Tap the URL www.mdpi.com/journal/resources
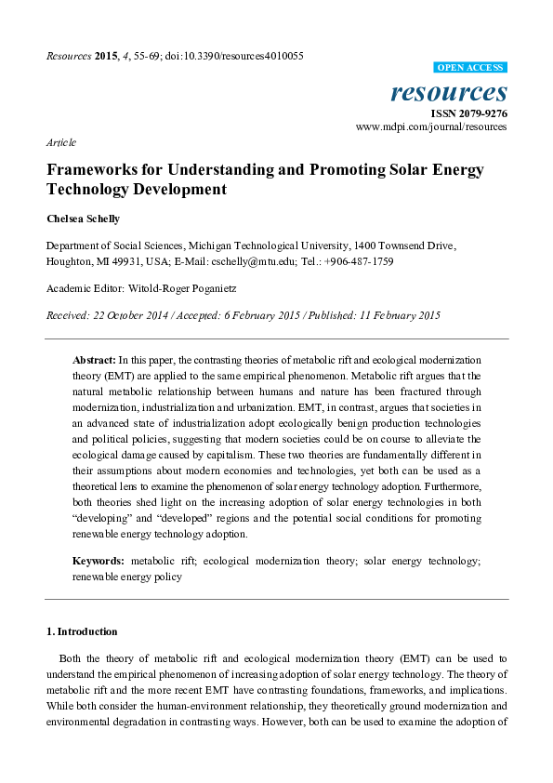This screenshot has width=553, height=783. point(432,126)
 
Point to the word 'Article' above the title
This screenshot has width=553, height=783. point(60,142)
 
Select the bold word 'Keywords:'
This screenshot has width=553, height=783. point(99,562)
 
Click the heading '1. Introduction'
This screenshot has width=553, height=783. point(82,631)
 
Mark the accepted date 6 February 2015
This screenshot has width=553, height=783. point(243,315)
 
